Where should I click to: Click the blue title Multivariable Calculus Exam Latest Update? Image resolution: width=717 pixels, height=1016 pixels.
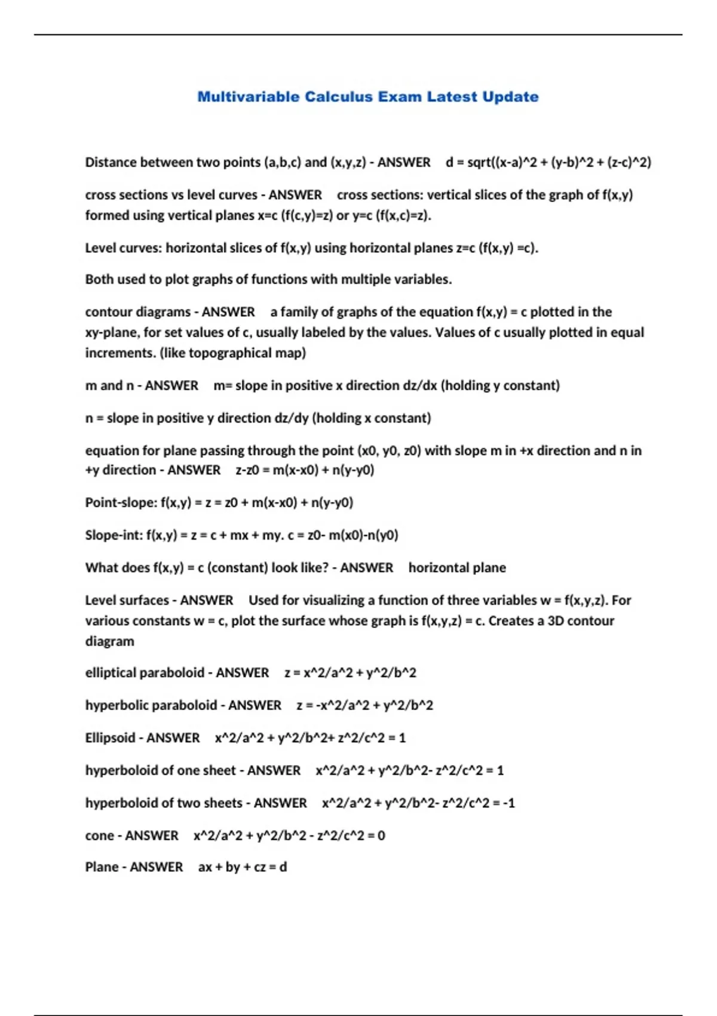tap(367, 97)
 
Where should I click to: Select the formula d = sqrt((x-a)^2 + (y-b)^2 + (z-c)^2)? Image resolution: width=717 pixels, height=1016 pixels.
tap(548, 163)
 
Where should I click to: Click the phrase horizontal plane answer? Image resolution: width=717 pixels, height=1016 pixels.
tap(457, 568)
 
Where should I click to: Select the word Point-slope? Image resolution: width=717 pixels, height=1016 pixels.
tap(121, 503)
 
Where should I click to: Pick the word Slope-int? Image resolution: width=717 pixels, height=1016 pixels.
tap(114, 535)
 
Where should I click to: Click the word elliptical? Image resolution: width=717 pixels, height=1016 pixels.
tap(114, 673)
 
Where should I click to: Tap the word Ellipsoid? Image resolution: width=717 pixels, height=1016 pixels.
tap(110, 738)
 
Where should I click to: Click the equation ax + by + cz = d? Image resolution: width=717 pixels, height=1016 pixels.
tap(243, 867)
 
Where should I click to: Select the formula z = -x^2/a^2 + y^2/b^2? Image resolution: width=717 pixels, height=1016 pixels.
tap(364, 706)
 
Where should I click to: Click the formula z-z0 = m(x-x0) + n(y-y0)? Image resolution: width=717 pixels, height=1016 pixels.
tap(305, 470)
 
